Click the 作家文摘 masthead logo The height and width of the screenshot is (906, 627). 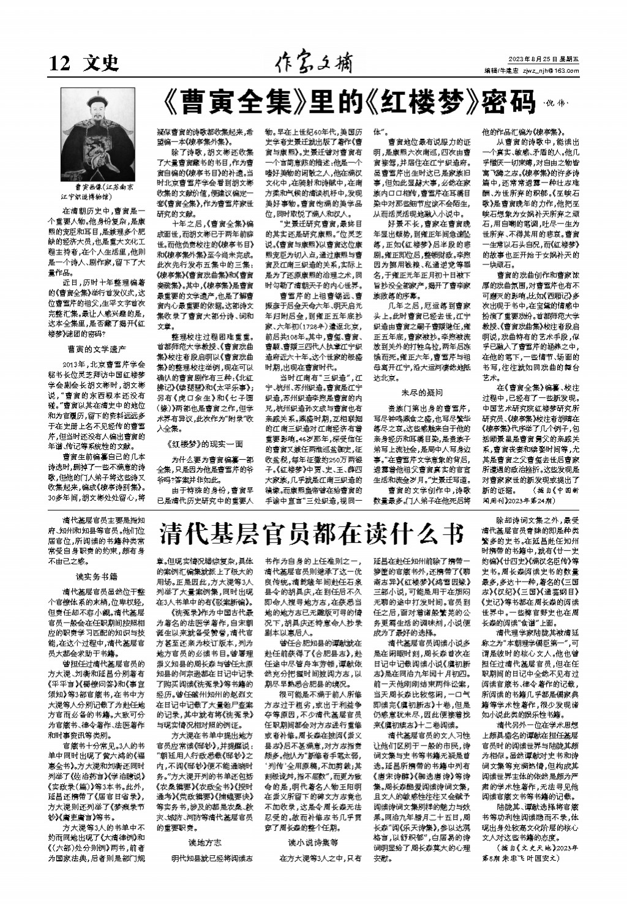coord(313,61)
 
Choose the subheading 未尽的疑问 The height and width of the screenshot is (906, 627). coord(422,391)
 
